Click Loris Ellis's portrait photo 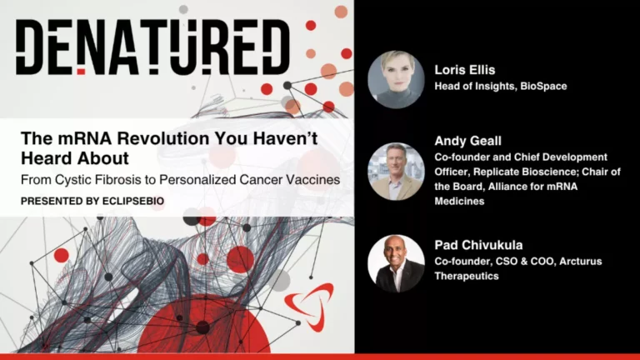coord(396,79)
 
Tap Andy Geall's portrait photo coord(396,171)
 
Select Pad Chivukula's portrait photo coord(396,262)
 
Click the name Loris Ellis coord(463,71)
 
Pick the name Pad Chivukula coord(479,245)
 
